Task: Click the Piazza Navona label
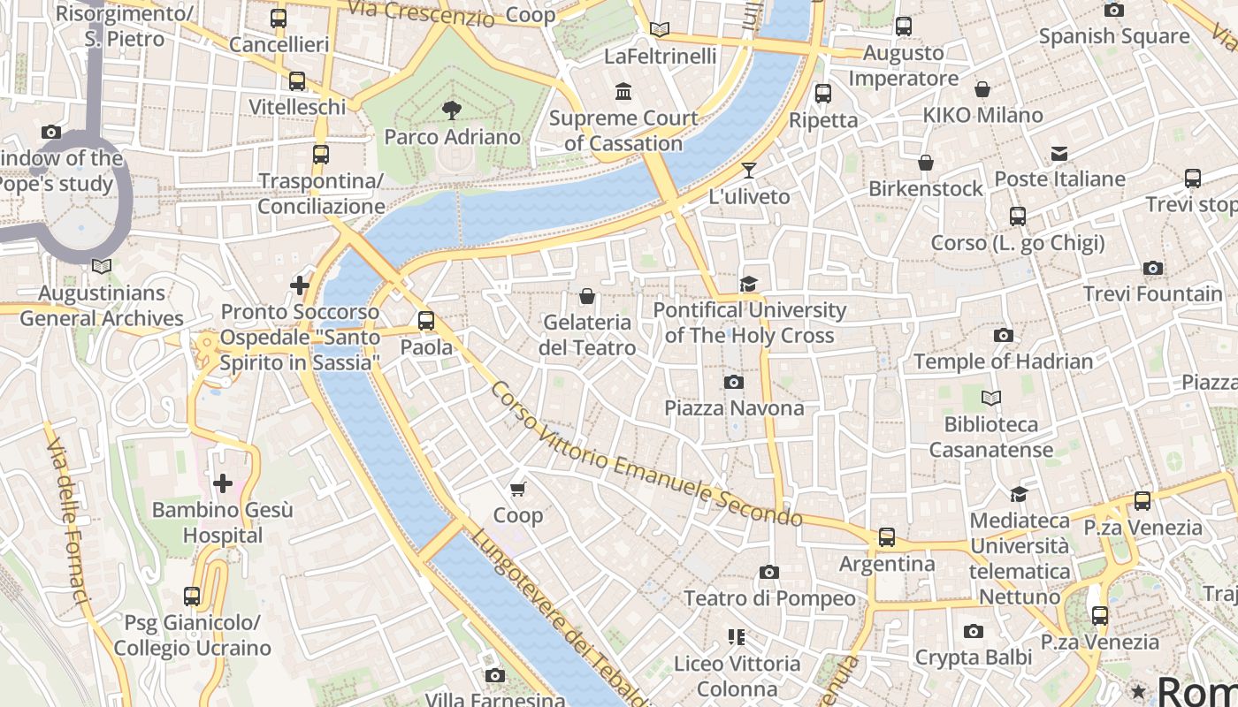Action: point(734,407)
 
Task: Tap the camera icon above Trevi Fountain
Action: point(1153,268)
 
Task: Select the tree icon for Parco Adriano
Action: point(452,110)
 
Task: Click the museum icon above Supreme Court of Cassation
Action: point(623,91)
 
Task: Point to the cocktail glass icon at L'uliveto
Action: point(749,170)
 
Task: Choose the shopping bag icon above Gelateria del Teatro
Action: point(586,296)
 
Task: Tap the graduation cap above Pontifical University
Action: point(749,284)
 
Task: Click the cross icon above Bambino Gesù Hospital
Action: point(223,483)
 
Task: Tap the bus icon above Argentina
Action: point(886,537)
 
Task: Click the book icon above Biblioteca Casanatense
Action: point(991,399)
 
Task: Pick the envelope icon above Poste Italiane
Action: point(1059,154)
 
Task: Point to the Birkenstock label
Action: point(925,188)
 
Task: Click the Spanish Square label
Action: point(1113,36)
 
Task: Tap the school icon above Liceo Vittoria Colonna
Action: point(736,637)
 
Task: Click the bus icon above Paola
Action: point(426,321)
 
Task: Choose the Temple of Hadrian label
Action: point(1003,361)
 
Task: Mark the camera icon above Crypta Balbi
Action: point(973,631)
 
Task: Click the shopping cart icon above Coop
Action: point(518,489)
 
